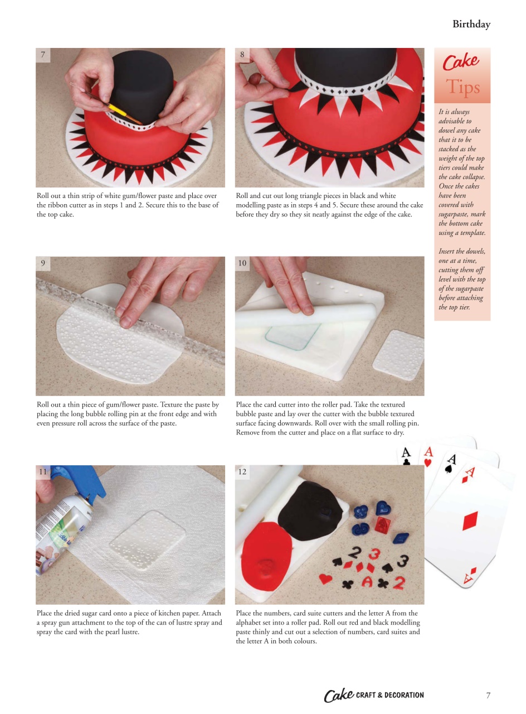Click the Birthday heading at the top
471,25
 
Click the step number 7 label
43,55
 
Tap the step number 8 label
242,55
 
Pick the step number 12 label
242,472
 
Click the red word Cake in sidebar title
461,62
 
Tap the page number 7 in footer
488,695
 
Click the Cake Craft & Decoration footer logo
373,695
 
